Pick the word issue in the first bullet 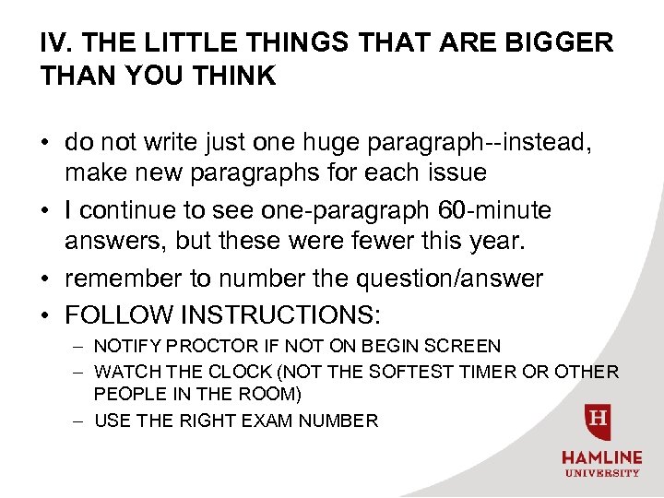[x=456, y=172]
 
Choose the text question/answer [x=439, y=278]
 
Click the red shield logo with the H [x=599, y=421]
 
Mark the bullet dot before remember [x=45, y=279]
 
